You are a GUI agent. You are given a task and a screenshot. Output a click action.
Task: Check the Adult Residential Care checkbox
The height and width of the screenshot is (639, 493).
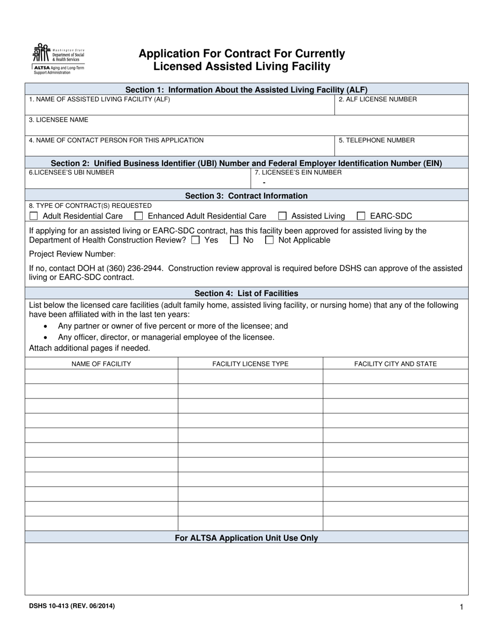tap(34, 216)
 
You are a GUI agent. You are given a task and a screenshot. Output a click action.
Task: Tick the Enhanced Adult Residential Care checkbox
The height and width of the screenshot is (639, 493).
tap(139, 216)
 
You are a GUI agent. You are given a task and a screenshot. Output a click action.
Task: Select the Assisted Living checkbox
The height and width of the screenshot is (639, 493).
tap(282, 216)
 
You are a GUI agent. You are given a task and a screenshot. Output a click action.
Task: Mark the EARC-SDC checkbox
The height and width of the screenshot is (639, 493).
tap(361, 216)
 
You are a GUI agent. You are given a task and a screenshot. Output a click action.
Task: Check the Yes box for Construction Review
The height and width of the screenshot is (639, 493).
tap(195, 240)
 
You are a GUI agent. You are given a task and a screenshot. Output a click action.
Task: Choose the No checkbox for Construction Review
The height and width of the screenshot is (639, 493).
tap(234, 240)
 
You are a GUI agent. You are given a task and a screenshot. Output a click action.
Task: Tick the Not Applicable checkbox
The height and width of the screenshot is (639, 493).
tap(269, 240)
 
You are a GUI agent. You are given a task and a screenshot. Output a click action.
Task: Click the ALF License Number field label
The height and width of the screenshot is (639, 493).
tap(377, 99)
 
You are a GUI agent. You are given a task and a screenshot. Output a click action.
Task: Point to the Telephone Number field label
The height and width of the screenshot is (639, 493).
tap(376, 140)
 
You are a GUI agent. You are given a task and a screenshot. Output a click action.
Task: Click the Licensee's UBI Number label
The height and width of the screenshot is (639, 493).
tap(72, 172)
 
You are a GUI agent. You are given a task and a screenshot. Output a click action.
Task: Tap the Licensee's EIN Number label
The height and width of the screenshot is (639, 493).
tap(298, 172)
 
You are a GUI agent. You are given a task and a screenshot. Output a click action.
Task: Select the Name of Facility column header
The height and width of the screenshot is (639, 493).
tap(101, 364)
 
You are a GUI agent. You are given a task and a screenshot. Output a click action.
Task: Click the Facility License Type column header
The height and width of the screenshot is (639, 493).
tap(250, 364)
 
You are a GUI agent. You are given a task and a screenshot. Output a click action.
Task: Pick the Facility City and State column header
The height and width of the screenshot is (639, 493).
tap(395, 364)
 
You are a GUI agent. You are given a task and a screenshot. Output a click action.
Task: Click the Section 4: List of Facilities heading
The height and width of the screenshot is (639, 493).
tap(246, 293)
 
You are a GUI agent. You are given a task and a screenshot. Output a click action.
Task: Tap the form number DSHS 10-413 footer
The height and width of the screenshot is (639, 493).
tap(72, 606)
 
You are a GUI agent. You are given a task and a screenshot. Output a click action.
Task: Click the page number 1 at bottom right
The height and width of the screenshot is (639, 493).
tap(461, 607)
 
